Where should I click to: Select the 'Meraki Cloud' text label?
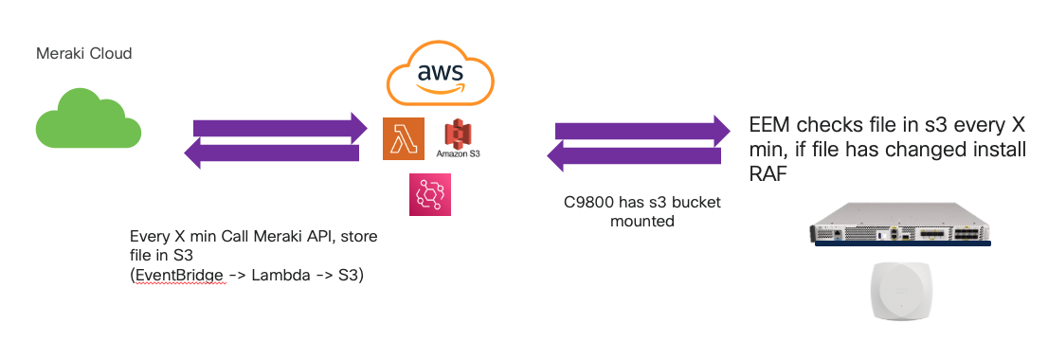(83, 54)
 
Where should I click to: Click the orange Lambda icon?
(402, 139)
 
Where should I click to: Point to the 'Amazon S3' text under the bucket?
(459, 153)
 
